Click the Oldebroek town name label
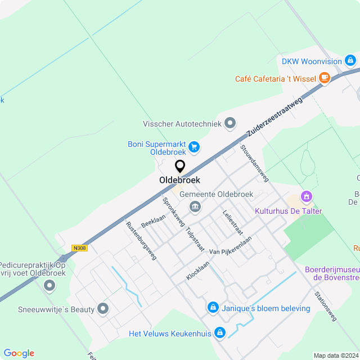pyautogui.click(x=179, y=180)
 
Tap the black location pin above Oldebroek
pyautogui.click(x=180, y=166)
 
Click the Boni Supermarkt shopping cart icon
pyautogui.click(x=194, y=147)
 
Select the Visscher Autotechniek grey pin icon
pyautogui.click(x=229, y=123)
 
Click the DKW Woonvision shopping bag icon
pyautogui.click(x=350, y=61)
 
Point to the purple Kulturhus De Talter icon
pyautogui.click(x=307, y=197)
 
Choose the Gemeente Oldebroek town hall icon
pyautogui.click(x=195, y=206)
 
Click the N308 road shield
pyautogui.click(x=80, y=247)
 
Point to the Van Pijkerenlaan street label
pyautogui.click(x=230, y=246)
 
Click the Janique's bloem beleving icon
pyautogui.click(x=213, y=308)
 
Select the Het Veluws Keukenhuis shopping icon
pyautogui.click(x=220, y=334)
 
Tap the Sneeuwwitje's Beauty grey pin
pyautogui.click(x=103, y=308)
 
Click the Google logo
pyautogui.click(x=19, y=353)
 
